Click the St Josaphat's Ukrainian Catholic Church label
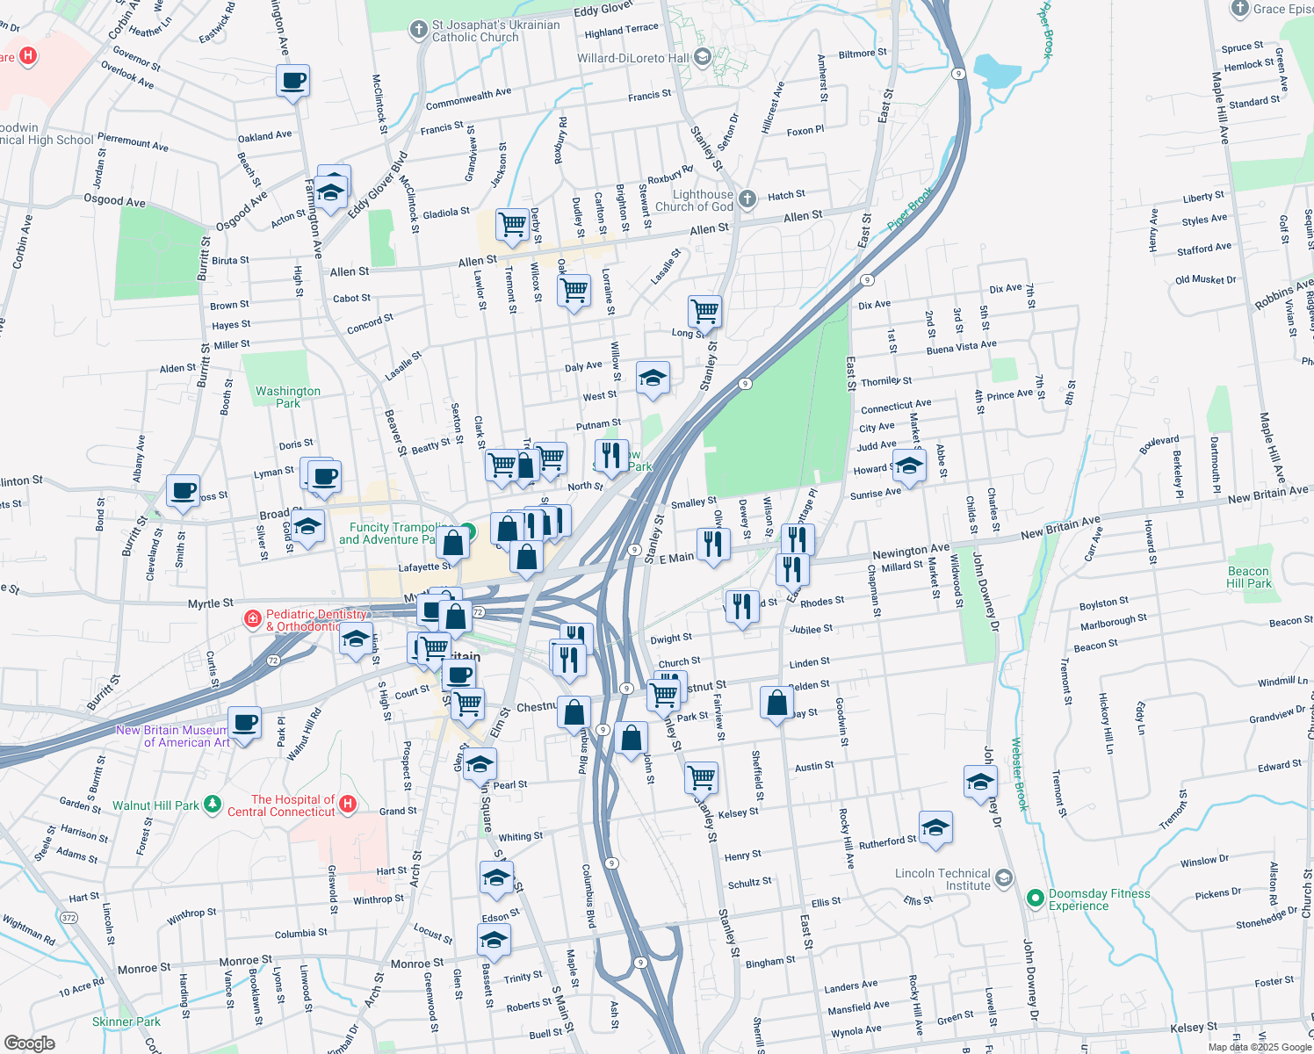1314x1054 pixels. coord(495,31)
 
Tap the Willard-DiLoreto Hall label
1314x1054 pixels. coord(633,58)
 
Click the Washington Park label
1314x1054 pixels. coord(288,397)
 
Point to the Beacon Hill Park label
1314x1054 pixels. coord(1248,577)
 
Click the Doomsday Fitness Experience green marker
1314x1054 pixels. coord(1036,899)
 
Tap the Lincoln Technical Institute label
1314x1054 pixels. coord(942,879)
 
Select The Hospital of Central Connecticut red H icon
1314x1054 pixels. coord(348,804)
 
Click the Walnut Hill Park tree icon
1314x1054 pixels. coord(212,804)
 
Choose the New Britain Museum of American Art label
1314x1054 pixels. coord(172,736)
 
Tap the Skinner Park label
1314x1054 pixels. coord(126,1022)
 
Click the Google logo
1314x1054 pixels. coord(30,1043)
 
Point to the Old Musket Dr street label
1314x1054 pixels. coord(1205,280)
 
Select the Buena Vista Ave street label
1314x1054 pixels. coord(961,348)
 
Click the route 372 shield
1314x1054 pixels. coord(69,918)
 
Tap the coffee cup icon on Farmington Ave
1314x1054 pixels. coord(292,82)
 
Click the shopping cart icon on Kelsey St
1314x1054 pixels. coord(701,776)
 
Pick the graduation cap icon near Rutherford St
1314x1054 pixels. coord(935,827)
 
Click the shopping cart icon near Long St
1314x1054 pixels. coord(704,310)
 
